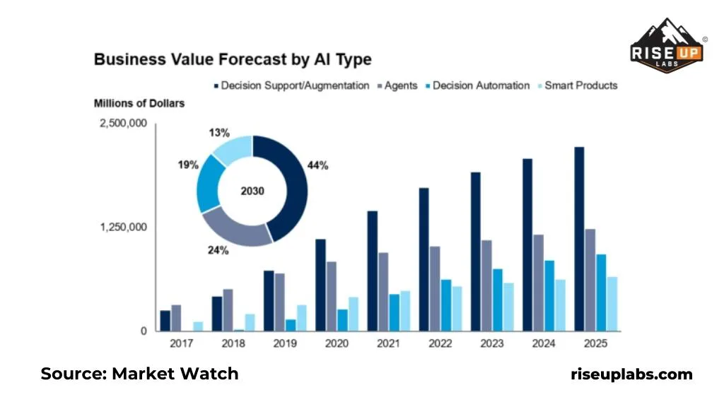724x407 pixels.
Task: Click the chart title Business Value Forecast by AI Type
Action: [x=233, y=59]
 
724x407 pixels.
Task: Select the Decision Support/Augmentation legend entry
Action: [x=291, y=85]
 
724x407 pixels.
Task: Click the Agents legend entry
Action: [x=402, y=85]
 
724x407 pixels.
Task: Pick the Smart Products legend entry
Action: [x=577, y=85]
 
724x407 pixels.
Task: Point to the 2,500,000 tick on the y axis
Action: [x=123, y=124]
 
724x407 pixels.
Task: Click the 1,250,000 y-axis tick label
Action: [x=123, y=228]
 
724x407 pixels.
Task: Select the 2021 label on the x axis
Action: [x=388, y=343]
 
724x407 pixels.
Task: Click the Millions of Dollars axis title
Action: [x=139, y=103]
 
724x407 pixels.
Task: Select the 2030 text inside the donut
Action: [x=252, y=190]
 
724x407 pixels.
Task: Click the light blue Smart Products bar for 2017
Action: [x=198, y=326]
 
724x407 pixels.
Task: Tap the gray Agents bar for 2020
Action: [x=331, y=296]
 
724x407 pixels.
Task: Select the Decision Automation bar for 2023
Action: [x=497, y=300]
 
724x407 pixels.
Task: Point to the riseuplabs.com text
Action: [x=631, y=374]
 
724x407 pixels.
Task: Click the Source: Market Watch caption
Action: [x=139, y=374]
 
